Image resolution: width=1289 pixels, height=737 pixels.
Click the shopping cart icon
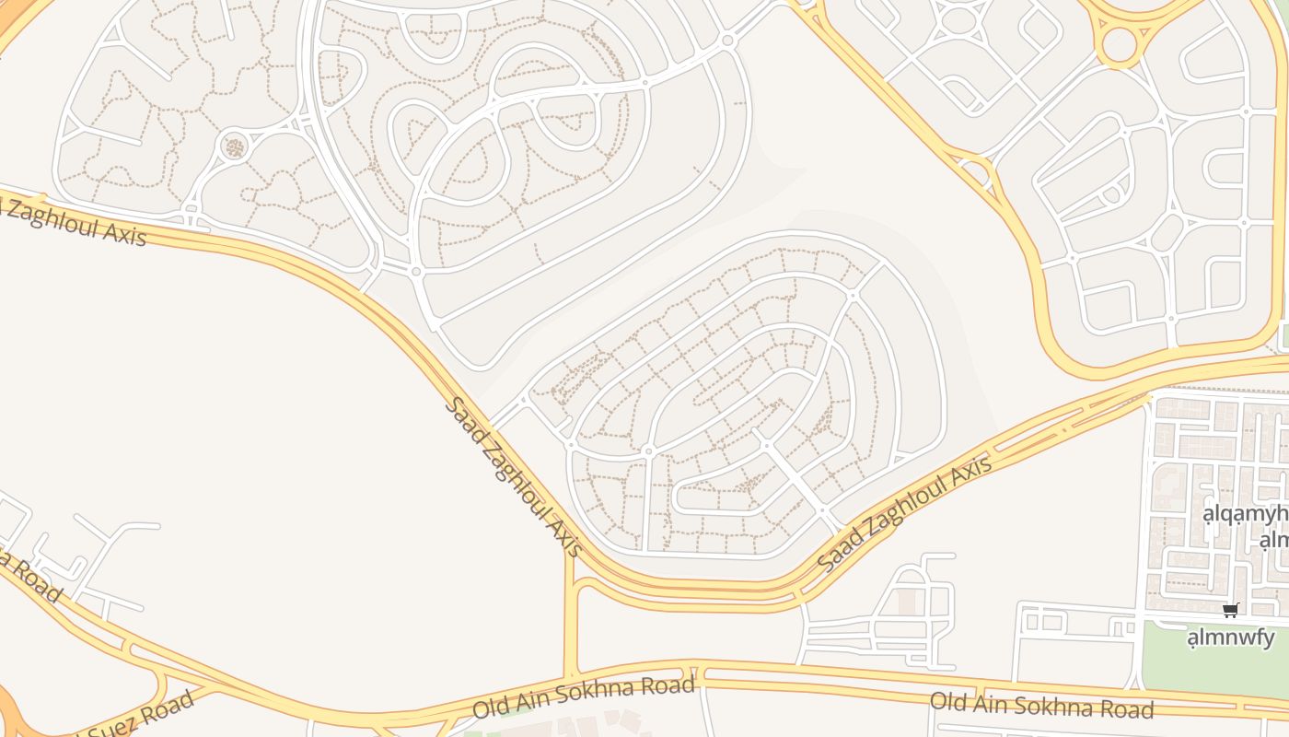[x=1231, y=610]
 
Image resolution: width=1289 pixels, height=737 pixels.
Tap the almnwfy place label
[x=1230, y=638]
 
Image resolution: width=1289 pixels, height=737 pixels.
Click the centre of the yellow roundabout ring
[x=1119, y=43]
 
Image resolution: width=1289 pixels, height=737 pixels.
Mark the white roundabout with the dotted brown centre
[x=235, y=146]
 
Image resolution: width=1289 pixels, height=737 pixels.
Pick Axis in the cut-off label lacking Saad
[x=125, y=234]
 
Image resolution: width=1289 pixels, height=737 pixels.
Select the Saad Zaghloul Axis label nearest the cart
[x=907, y=512]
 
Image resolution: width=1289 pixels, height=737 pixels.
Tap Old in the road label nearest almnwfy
[x=947, y=700]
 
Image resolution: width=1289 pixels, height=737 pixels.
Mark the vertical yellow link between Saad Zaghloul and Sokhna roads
[x=571, y=626]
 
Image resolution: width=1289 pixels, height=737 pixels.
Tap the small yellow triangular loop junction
[x=976, y=171]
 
